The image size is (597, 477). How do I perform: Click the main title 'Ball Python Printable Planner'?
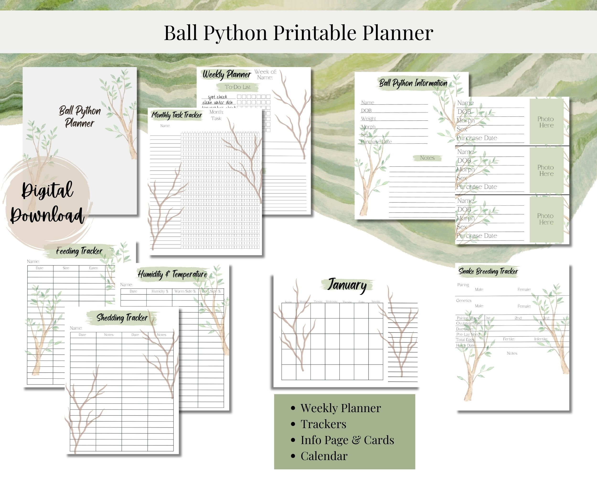(298, 33)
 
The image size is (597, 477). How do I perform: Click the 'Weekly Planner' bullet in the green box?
(340, 408)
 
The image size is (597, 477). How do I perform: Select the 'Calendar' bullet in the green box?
(324, 456)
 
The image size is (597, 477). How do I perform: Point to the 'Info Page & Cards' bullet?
(347, 440)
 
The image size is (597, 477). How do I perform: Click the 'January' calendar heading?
(347, 285)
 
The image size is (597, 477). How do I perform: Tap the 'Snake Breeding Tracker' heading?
(488, 271)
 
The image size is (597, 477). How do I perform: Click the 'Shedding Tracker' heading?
(122, 317)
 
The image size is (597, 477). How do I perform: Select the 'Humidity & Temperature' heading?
(172, 274)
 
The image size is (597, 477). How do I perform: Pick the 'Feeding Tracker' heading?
(79, 251)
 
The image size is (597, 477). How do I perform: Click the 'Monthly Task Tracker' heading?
(177, 115)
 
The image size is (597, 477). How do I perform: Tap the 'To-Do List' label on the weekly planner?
(238, 87)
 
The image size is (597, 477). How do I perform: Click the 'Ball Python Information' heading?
(413, 83)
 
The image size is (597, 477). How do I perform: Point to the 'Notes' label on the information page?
(427, 158)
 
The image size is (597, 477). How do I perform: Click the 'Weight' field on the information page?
(368, 119)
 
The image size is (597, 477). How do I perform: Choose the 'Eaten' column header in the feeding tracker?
(93, 268)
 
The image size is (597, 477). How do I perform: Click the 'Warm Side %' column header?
(185, 291)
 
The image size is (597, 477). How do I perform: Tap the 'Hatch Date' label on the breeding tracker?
(466, 345)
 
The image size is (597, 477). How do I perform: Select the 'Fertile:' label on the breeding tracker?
(509, 339)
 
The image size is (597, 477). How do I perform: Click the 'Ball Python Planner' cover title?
(80, 117)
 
